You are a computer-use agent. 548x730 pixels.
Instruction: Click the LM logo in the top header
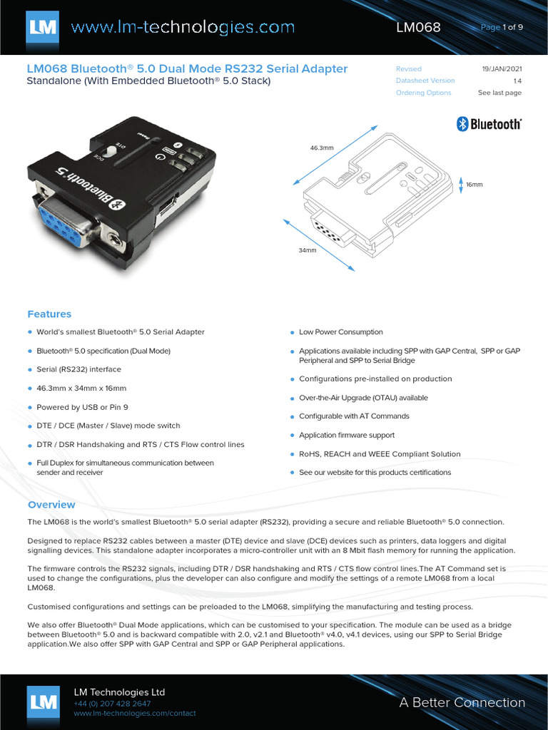44,27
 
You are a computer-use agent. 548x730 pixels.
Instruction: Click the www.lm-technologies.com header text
183,28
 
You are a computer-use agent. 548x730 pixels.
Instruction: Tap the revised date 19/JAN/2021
502,69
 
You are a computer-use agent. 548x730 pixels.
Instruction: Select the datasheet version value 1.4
517,81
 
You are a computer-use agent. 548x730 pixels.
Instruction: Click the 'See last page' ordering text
499,93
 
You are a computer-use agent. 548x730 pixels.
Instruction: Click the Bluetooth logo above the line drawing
489,124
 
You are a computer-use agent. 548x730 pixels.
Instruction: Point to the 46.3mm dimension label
322,148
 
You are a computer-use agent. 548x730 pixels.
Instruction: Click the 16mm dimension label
475,184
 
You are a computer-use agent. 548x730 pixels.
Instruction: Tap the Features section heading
49,314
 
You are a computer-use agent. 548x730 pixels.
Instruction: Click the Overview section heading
51,505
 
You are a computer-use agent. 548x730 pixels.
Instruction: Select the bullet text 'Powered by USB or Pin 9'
83,407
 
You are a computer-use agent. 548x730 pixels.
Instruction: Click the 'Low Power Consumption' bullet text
340,332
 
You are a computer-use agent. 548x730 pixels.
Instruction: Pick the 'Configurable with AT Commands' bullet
354,416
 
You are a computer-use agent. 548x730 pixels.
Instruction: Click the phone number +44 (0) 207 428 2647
112,704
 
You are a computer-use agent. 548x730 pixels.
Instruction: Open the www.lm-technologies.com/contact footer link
134,714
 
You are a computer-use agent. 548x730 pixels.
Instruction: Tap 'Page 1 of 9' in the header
502,28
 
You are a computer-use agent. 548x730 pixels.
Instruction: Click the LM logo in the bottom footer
44,702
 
